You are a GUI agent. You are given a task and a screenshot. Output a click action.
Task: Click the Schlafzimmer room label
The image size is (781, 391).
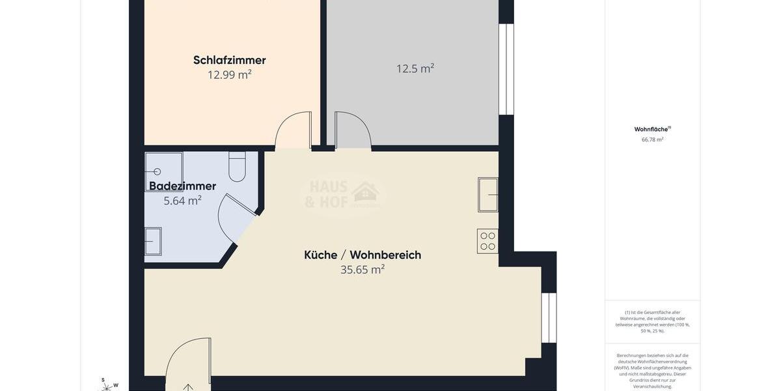(x=229, y=60)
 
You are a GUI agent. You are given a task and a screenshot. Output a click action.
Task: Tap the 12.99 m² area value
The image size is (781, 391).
(x=229, y=75)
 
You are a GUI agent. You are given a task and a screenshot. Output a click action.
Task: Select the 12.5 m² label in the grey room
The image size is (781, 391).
(x=415, y=68)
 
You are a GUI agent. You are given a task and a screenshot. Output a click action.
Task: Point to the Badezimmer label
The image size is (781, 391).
(x=182, y=186)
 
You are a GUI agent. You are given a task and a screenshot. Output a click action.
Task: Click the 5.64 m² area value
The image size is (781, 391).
(x=182, y=201)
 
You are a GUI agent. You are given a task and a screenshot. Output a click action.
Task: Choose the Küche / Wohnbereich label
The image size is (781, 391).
(x=363, y=255)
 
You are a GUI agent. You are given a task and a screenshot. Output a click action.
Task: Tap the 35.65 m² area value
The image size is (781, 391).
(x=363, y=269)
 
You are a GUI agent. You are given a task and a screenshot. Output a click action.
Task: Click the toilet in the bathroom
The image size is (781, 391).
(x=237, y=167)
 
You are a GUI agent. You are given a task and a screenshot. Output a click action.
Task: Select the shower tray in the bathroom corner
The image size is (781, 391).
(x=163, y=171)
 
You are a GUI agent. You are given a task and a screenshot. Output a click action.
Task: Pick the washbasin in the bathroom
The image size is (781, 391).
(x=153, y=241)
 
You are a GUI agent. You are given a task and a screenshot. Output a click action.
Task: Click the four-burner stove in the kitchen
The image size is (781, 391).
(x=487, y=241)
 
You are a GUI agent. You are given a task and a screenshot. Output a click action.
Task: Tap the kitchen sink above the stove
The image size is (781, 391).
(x=488, y=194)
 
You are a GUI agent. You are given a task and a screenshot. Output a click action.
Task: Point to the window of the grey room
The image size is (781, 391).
(x=506, y=69)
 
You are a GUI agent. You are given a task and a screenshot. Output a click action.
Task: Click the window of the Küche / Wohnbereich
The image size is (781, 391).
(x=549, y=317)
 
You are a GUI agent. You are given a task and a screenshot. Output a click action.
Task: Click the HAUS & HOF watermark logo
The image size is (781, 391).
(x=342, y=194)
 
